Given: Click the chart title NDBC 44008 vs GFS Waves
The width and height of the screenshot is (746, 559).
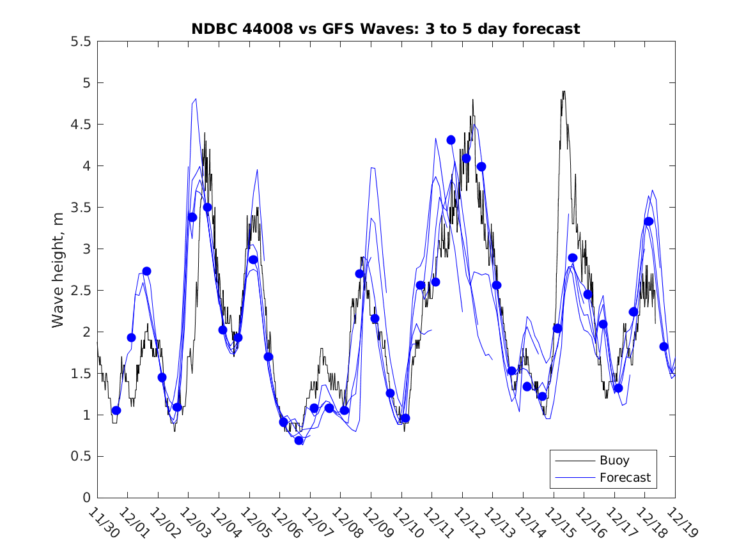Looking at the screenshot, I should (385, 29).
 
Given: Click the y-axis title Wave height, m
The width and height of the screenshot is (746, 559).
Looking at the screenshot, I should (58, 269).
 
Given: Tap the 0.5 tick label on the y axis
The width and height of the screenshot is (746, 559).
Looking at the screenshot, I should (81, 456).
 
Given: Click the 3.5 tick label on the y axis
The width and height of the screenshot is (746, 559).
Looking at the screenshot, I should (81, 208).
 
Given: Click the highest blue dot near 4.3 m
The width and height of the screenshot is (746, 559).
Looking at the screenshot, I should (451, 140).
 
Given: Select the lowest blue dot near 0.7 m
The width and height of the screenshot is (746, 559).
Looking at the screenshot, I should (299, 440).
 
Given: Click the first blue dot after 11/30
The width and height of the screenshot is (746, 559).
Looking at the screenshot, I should (116, 410).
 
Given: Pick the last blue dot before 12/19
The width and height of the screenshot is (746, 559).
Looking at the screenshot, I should (664, 346).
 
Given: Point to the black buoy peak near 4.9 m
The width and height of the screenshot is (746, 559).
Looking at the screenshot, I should (563, 92).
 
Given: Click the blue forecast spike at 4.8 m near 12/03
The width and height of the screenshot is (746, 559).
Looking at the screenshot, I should (195, 99).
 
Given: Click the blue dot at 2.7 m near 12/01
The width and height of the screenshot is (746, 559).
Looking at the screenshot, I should (146, 271).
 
